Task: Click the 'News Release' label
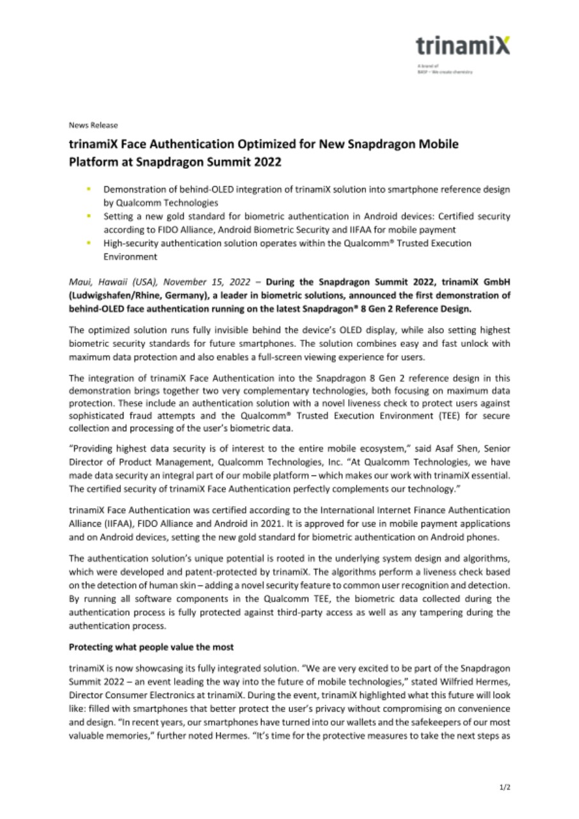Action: pos(93,125)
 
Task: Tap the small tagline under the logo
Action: pos(445,71)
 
